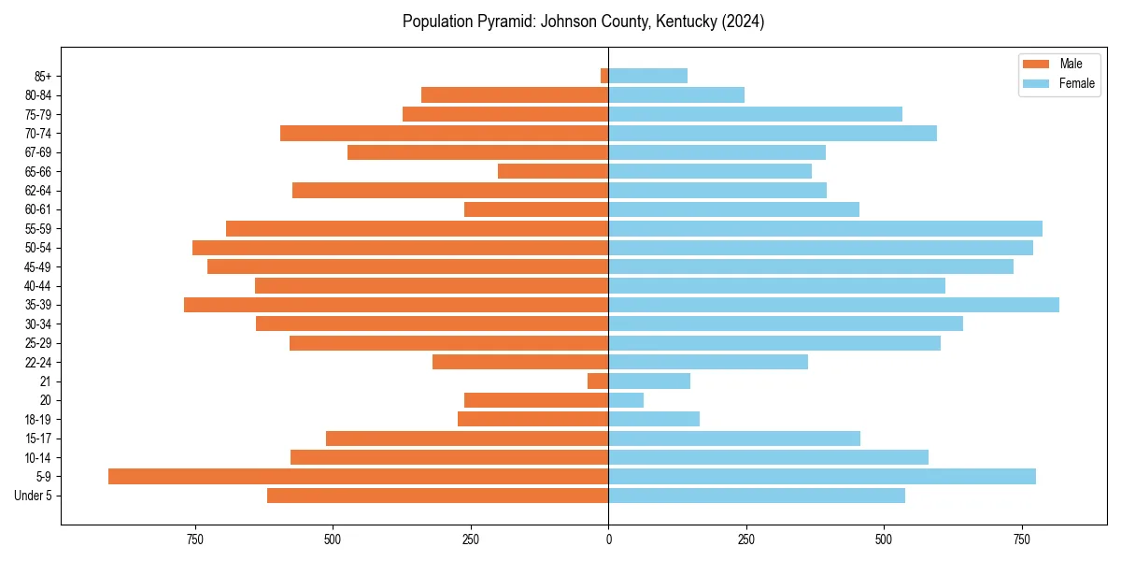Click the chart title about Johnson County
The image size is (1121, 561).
pos(583,22)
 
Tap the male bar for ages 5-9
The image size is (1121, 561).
pos(358,477)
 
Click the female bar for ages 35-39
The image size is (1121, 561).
pos(833,305)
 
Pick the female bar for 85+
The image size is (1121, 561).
pos(647,76)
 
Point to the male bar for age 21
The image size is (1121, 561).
pos(598,381)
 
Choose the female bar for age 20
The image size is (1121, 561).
pos(626,400)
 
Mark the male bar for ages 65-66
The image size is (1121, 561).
pos(553,171)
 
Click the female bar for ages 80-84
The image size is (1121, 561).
pos(676,94)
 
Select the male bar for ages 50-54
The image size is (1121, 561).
pos(400,248)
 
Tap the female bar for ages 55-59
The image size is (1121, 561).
pos(825,228)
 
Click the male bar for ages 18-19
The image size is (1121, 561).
pos(532,420)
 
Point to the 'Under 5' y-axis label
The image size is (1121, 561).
pos(33,496)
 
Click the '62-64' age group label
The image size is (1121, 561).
pos(37,191)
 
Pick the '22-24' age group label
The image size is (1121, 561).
pos(37,363)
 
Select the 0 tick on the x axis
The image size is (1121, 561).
pos(608,539)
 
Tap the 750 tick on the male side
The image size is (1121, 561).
pos(194,539)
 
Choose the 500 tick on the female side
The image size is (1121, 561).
pos(884,539)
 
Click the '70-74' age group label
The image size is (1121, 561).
pos(37,133)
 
